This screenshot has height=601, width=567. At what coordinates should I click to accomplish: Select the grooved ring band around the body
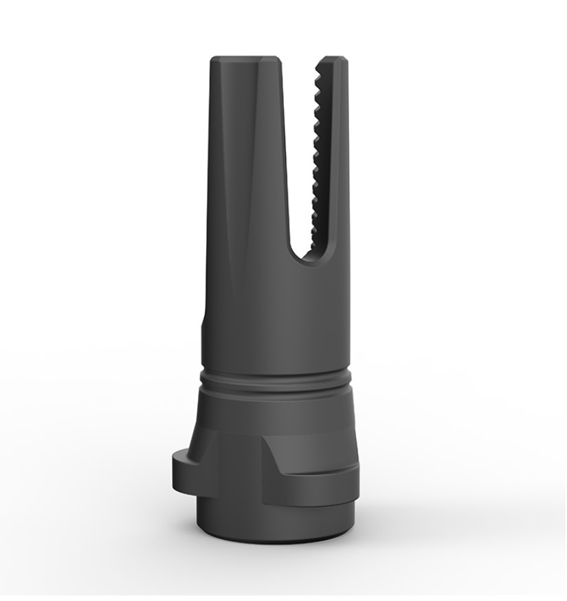pos(278,380)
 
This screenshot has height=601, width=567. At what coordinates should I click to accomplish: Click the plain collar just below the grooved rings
pos(278,409)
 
